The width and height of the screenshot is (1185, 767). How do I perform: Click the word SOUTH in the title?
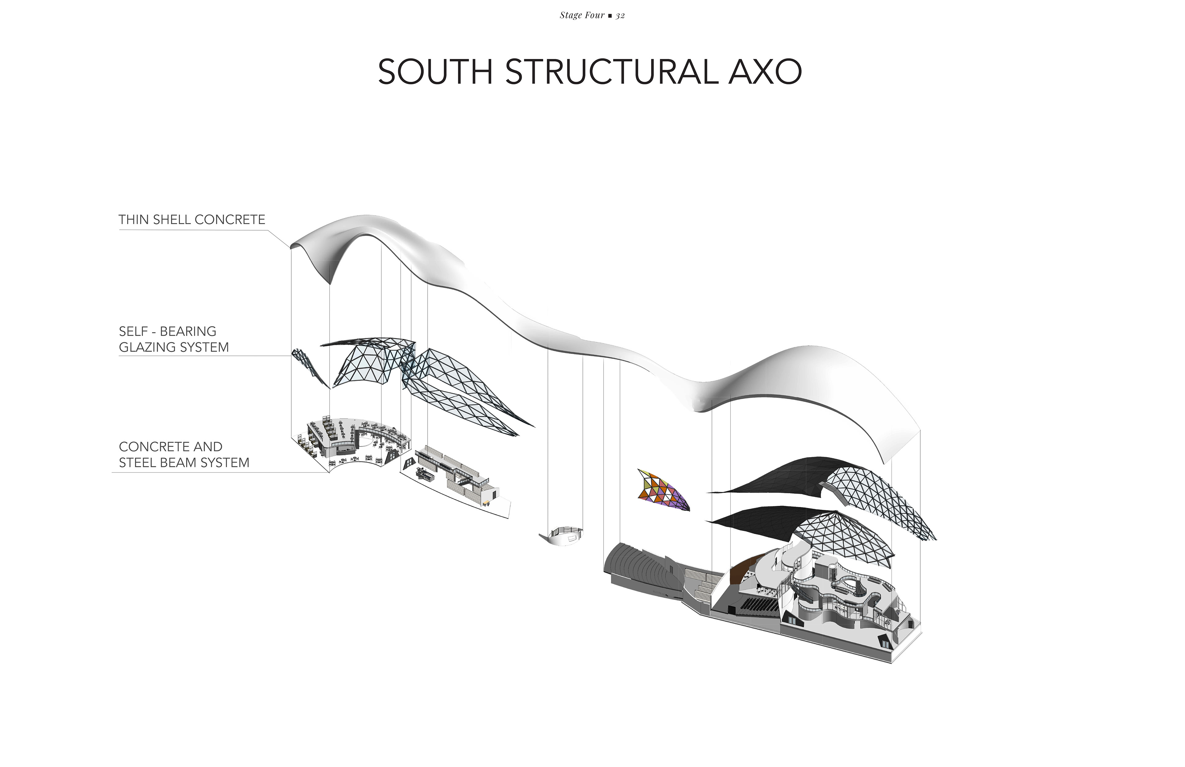tap(435, 72)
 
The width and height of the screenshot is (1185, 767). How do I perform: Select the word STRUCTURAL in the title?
tap(611, 72)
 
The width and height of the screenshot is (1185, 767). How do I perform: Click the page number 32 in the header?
tap(620, 15)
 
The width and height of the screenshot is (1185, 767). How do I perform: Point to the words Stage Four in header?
tap(582, 15)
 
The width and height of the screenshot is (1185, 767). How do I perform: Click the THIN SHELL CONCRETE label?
tap(192, 220)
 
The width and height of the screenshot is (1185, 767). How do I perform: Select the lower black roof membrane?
tap(762, 520)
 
